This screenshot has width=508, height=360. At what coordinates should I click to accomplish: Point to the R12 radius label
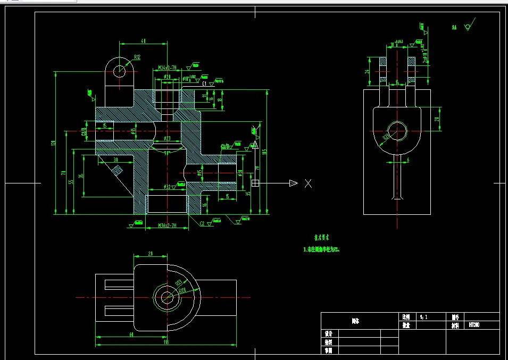point(137,57)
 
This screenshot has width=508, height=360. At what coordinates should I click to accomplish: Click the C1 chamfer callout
point(204,83)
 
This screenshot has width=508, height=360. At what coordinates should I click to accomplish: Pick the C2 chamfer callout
point(202,223)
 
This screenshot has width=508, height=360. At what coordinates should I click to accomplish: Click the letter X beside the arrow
point(308,183)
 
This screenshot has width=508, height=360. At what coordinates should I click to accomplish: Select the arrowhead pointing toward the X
point(293,183)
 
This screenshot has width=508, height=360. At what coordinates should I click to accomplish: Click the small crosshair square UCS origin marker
point(255,183)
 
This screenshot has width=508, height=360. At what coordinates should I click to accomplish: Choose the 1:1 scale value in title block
point(424,316)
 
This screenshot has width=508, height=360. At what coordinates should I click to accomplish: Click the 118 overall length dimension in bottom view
point(165,343)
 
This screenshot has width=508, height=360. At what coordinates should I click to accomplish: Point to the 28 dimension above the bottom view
point(151,255)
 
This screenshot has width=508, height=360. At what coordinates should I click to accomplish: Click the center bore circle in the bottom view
point(166,297)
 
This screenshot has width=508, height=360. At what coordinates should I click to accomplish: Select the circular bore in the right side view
point(397,130)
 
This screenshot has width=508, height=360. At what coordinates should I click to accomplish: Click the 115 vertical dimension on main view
point(264,153)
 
